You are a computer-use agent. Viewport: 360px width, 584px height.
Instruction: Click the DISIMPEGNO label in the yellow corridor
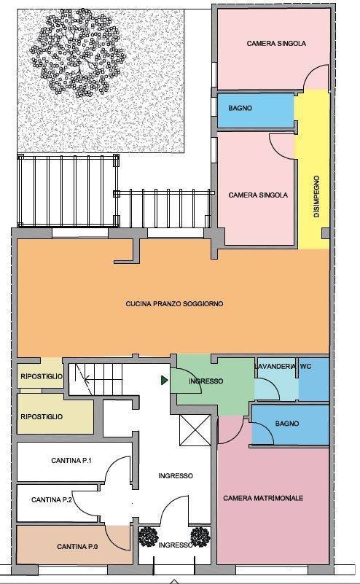pyautogui.click(x=316, y=197)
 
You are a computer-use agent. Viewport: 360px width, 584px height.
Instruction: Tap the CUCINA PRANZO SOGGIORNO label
pyautogui.click(x=175, y=304)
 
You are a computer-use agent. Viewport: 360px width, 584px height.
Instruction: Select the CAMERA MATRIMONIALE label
pyautogui.click(x=263, y=498)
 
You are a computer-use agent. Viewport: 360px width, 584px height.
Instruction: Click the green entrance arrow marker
pyautogui.click(x=164, y=381)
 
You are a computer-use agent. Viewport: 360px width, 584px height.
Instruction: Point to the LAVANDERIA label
pyautogui.click(x=275, y=367)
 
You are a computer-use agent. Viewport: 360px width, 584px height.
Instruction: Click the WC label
pyautogui.click(x=305, y=367)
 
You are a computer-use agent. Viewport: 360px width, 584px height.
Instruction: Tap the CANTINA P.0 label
pyautogui.click(x=77, y=547)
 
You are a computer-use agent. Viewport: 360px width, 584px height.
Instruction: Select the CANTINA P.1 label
pyautogui.click(x=71, y=461)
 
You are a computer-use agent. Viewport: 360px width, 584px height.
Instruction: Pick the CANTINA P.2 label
pyautogui.click(x=52, y=500)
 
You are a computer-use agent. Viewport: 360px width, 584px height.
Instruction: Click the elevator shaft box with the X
pyautogui.click(x=195, y=430)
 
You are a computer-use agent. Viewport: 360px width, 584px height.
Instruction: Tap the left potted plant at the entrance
pyautogui.click(x=149, y=537)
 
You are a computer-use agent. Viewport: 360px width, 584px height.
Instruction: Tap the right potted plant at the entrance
pyautogui.click(x=200, y=537)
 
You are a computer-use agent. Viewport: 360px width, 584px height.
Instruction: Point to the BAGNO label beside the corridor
pyautogui.click(x=240, y=109)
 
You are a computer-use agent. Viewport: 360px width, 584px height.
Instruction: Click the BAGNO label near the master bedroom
pyautogui.click(x=287, y=424)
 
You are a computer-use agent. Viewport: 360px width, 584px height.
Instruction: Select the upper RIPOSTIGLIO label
pyautogui.click(x=42, y=376)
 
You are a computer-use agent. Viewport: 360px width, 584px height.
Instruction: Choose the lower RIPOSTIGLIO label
pyautogui.click(x=42, y=417)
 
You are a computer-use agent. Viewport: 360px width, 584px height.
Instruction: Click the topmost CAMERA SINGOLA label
pyautogui.click(x=276, y=44)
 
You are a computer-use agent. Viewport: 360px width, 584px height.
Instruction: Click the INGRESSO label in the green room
pyautogui.click(x=206, y=381)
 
